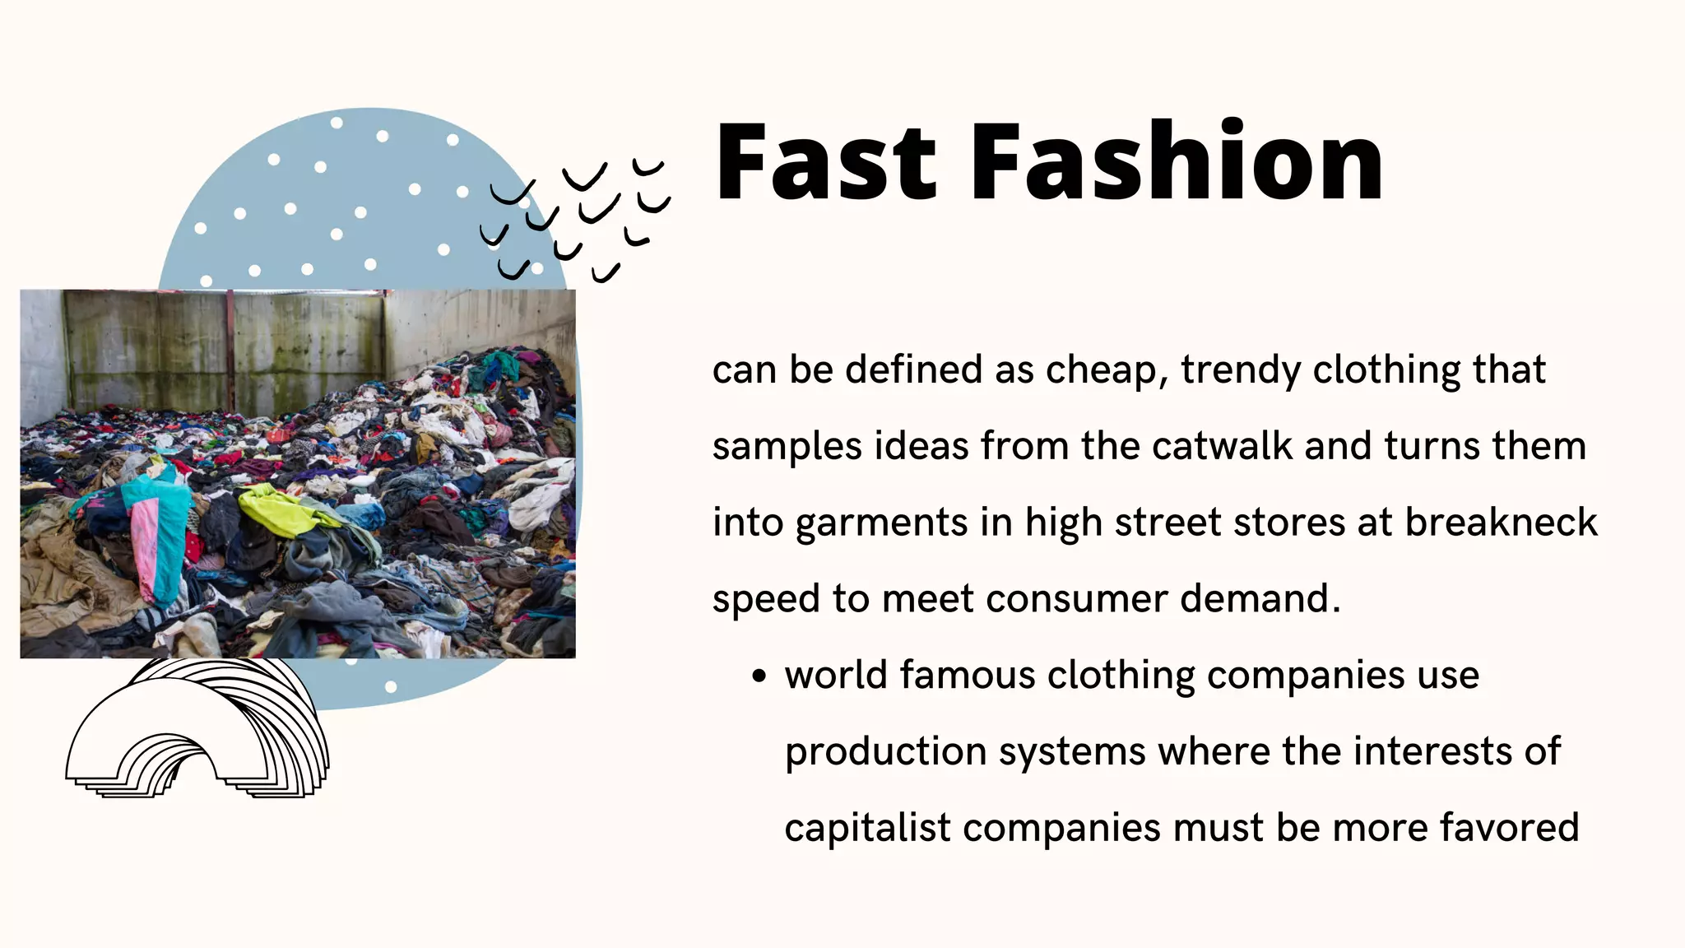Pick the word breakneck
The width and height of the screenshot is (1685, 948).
pyautogui.click(x=1501, y=522)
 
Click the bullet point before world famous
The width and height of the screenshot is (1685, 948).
pyautogui.click(x=759, y=676)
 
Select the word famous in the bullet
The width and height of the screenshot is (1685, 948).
pyautogui.click(x=967, y=675)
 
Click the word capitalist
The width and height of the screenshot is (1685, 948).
pyautogui.click(x=867, y=828)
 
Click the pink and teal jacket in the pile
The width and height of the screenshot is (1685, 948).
pyautogui.click(x=152, y=527)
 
